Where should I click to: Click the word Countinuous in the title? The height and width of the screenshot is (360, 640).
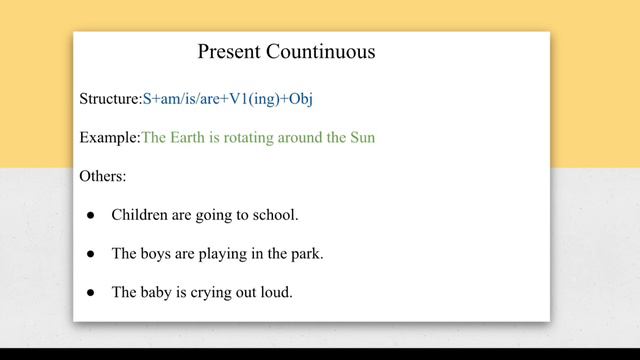pyautogui.click(x=320, y=51)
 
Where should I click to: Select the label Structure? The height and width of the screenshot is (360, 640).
pyautogui.click(x=110, y=99)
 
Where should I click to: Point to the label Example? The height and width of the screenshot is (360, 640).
pyautogui.click(x=110, y=137)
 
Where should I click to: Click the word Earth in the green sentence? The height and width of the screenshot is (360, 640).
pyautogui.click(x=191, y=137)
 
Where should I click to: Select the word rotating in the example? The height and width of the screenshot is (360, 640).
pyautogui.click(x=256, y=137)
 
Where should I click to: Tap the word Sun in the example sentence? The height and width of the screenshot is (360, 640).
pyautogui.click(x=361, y=137)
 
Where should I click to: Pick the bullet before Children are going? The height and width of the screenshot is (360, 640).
pyautogui.click(x=91, y=215)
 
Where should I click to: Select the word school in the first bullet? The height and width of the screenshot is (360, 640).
pyautogui.click(x=274, y=214)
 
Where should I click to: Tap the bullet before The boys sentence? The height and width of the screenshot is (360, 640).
pyautogui.click(x=91, y=254)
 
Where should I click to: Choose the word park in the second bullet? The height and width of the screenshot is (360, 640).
pyautogui.click(x=305, y=254)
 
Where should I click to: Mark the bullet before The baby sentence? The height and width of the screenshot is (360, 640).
pyautogui.click(x=91, y=293)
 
